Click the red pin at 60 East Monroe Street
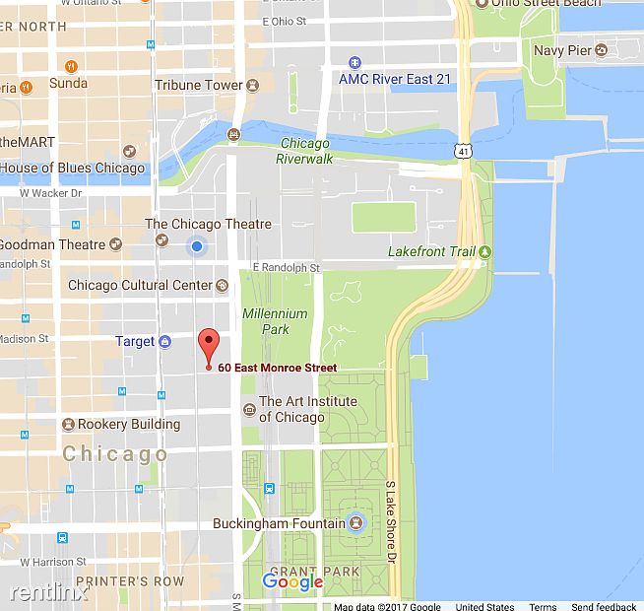pyautogui.click(x=208, y=346)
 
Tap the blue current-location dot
pyautogui.click(x=197, y=246)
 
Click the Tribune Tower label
pyautogui.click(x=199, y=86)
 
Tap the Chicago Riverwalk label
pyautogui.click(x=304, y=151)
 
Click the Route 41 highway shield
pyautogui.click(x=463, y=151)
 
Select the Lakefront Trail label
pyautogui.click(x=431, y=252)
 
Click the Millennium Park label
pyautogui.click(x=276, y=321)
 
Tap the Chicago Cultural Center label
pyautogui.click(x=141, y=286)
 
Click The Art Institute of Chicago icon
pyautogui.click(x=248, y=402)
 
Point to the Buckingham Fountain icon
pyautogui.click(x=356, y=523)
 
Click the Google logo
pyautogui.click(x=292, y=582)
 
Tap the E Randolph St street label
pyautogui.click(x=287, y=267)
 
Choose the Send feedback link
pyautogui.click(x=604, y=606)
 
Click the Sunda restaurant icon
pyautogui.click(x=71, y=66)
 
